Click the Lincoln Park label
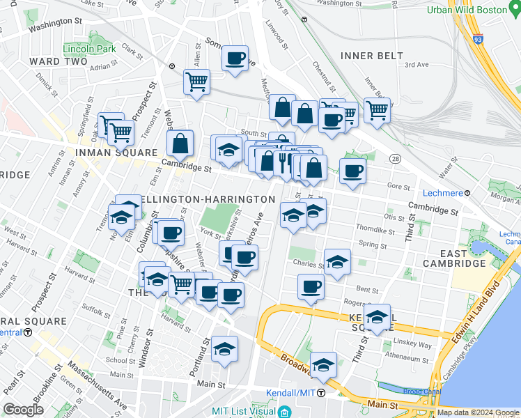(88, 49)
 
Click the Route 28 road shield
(394, 160)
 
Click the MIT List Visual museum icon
(284, 412)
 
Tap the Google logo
(23, 410)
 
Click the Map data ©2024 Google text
(477, 412)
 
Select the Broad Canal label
(421, 392)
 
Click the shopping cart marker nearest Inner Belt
(377, 110)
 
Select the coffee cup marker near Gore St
(353, 171)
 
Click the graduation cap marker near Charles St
(337, 262)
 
